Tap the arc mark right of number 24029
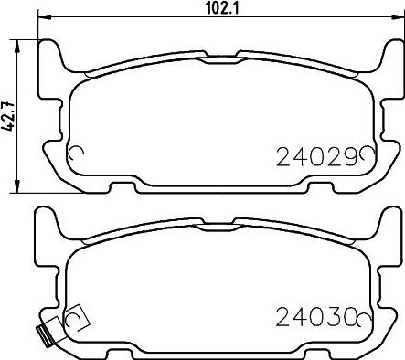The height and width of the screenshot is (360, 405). [x=366, y=154]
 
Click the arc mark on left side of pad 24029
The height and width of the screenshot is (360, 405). [x=77, y=154]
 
